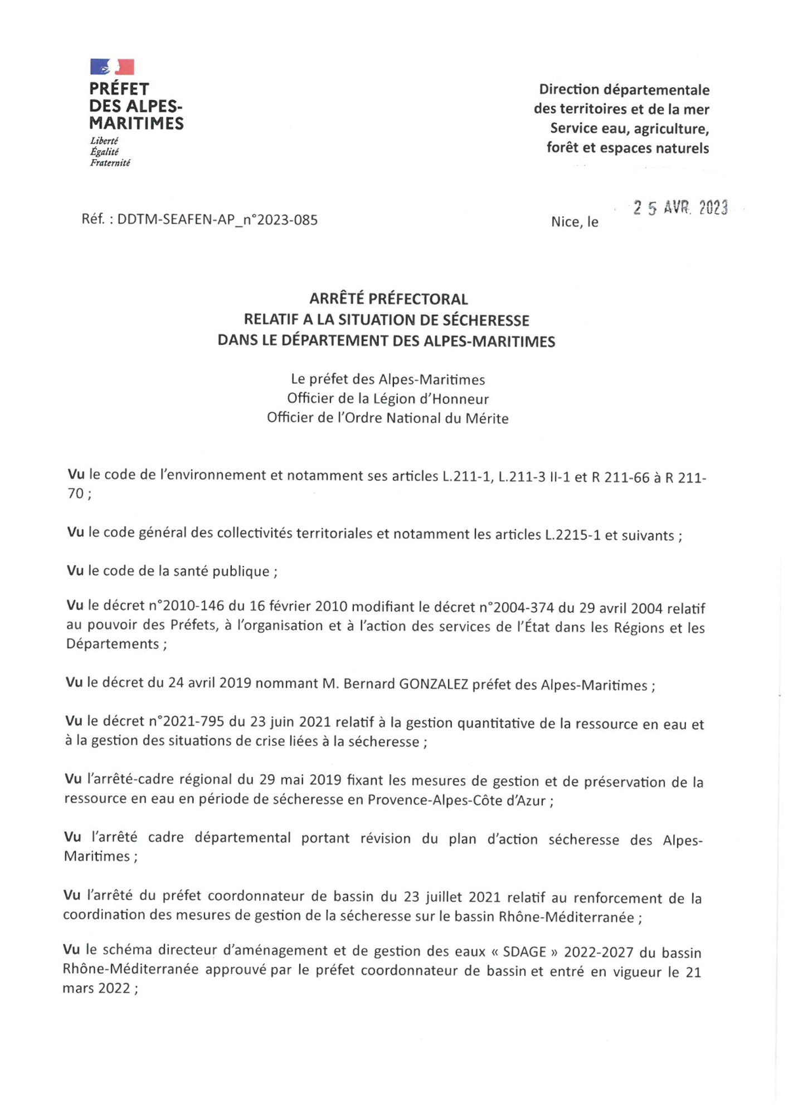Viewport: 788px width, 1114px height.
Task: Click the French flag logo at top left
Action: click(112, 67)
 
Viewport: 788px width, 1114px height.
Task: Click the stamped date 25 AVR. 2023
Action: click(680, 208)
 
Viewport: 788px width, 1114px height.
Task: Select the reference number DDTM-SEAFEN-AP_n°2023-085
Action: click(217, 219)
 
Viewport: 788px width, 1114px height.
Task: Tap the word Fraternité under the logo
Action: click(110, 163)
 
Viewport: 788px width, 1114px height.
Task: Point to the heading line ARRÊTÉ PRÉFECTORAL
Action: click(388, 299)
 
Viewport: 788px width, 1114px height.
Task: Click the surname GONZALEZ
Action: click(434, 684)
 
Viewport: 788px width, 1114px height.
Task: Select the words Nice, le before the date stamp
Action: click(575, 222)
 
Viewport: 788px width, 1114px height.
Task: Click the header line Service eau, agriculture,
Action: click(629, 129)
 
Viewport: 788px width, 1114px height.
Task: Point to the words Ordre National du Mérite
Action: click(427, 418)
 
